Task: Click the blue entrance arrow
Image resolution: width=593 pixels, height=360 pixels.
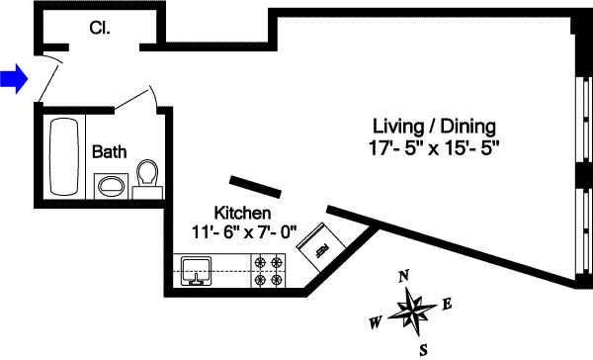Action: (x=13, y=78)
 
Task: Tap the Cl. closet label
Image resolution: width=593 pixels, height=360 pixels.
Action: (x=100, y=29)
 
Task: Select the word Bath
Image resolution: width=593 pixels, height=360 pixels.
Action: (x=108, y=152)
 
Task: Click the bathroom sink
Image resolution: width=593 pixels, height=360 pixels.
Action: (x=109, y=186)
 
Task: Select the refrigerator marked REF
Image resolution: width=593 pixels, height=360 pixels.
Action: (x=322, y=243)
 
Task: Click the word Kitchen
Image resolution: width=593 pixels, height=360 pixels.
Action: (x=242, y=214)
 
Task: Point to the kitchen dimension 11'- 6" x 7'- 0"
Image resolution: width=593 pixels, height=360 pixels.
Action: (x=242, y=233)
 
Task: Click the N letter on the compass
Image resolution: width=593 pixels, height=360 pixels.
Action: (x=403, y=277)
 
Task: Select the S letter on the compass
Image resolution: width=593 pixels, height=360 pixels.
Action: (x=423, y=349)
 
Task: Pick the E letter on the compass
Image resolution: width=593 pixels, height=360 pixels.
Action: (x=447, y=304)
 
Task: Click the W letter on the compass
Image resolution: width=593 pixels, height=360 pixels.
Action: (x=376, y=322)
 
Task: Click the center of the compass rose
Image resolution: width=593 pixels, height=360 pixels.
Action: (x=412, y=313)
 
